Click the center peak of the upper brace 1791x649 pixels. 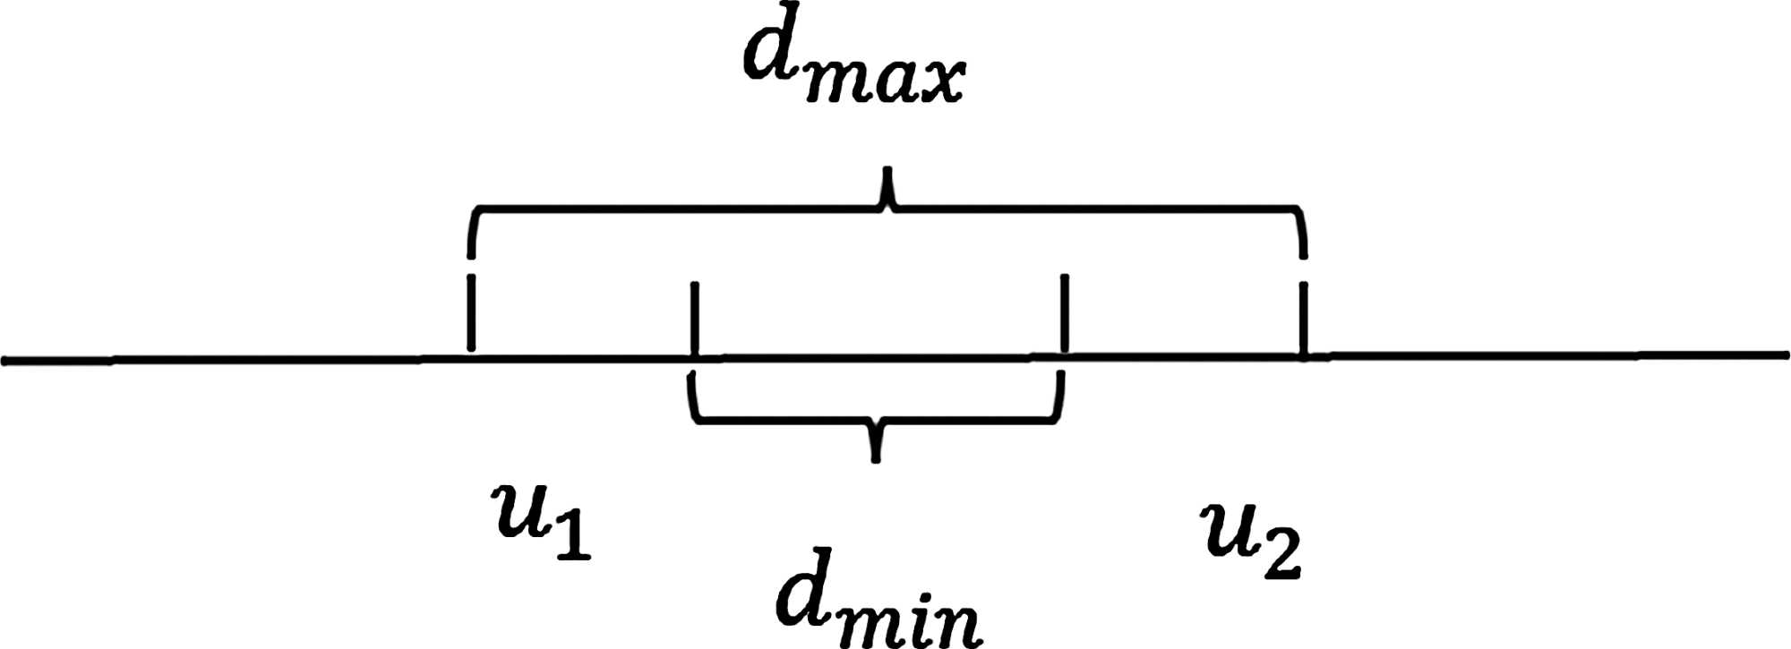pos(887,175)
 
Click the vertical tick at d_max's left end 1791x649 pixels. pos(471,313)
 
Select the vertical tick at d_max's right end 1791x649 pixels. pos(1303,318)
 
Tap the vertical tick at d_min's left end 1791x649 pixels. pos(694,318)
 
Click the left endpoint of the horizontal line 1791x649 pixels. pos(5,361)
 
